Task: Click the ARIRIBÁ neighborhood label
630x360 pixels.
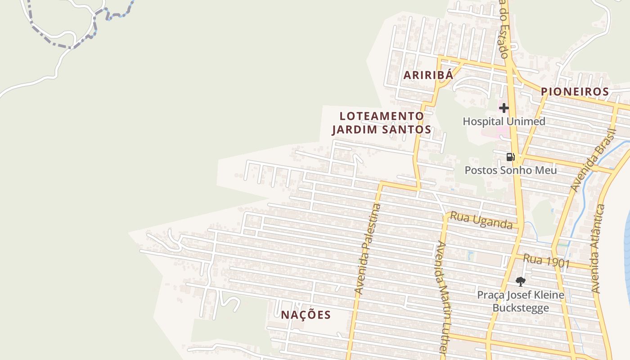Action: click(x=428, y=75)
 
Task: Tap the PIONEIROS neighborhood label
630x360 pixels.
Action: click(x=575, y=92)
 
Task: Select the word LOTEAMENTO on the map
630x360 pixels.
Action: click(x=382, y=116)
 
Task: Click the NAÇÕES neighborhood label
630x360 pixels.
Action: click(x=306, y=315)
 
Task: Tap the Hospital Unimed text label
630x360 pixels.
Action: click(x=504, y=121)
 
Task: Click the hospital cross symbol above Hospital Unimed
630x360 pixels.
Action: click(x=504, y=108)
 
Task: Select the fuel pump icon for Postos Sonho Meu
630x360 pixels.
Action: click(x=510, y=157)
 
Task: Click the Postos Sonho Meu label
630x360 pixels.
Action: click(x=510, y=171)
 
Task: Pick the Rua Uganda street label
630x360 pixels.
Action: click(x=481, y=220)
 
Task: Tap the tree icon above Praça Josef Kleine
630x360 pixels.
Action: click(x=521, y=282)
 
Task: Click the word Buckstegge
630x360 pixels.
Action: click(x=521, y=308)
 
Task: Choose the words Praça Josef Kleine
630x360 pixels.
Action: click(x=521, y=295)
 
